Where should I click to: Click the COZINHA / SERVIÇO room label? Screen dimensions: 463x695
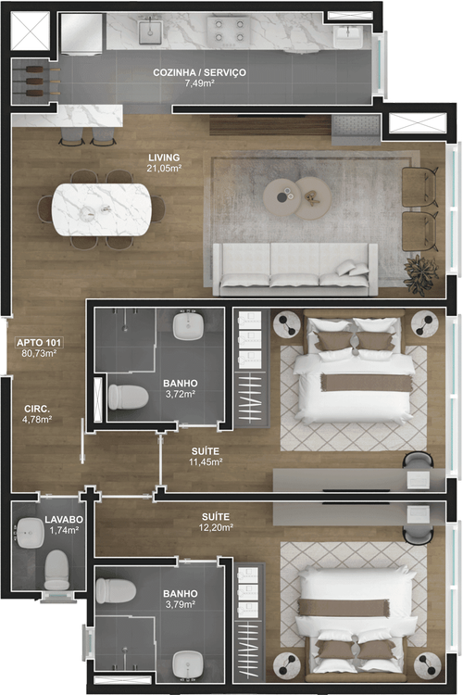tap(199, 72)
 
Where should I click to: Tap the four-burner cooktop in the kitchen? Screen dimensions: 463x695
tap(229, 31)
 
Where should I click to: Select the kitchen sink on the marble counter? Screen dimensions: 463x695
tap(150, 32)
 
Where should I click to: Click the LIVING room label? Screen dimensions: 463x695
tap(164, 158)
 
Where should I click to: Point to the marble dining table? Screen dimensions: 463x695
tap(102, 209)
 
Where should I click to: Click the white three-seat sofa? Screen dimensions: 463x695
tap(295, 269)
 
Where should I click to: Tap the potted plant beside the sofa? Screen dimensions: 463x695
tap(421, 273)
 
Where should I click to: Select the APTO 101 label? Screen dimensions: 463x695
tap(39, 343)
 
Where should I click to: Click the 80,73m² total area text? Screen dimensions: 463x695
tap(39, 354)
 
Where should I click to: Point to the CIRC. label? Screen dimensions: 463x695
tap(37, 409)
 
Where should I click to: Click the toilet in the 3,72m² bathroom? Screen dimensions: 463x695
tap(128, 397)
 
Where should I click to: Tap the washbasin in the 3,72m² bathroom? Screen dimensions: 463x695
tap(188, 326)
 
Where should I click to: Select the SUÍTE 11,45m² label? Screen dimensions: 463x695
tap(206, 457)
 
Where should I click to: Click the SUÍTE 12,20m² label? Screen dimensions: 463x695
tap(216, 522)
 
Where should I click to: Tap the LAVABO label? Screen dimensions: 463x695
tap(64, 519)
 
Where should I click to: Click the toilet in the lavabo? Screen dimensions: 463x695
tap(56, 570)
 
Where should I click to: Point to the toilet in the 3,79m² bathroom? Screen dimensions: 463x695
tap(116, 590)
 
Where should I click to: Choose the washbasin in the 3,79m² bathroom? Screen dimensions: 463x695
tap(188, 664)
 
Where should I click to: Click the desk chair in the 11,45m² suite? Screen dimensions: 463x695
tap(418, 460)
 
